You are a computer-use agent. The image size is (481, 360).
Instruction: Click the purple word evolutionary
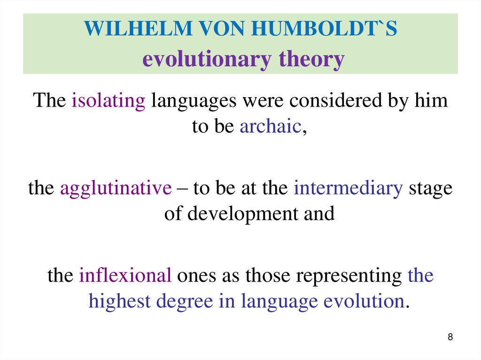[207, 60]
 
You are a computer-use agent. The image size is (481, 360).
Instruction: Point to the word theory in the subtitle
[312, 60]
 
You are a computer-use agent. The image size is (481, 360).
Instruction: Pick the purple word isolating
[109, 101]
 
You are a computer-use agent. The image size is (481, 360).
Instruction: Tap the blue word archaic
[270, 127]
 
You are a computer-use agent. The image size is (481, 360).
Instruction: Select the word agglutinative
[116, 188]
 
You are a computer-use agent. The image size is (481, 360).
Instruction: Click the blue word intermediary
[348, 188]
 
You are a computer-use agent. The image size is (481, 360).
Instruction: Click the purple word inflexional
[125, 276]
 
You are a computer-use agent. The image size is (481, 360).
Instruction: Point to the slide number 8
[451, 337]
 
